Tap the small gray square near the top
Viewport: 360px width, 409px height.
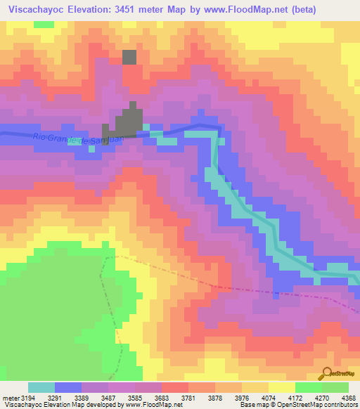point(129,58)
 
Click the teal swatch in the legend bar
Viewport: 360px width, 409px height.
point(41,388)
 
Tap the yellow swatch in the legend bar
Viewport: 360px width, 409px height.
point(282,388)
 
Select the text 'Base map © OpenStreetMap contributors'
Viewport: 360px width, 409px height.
point(298,404)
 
